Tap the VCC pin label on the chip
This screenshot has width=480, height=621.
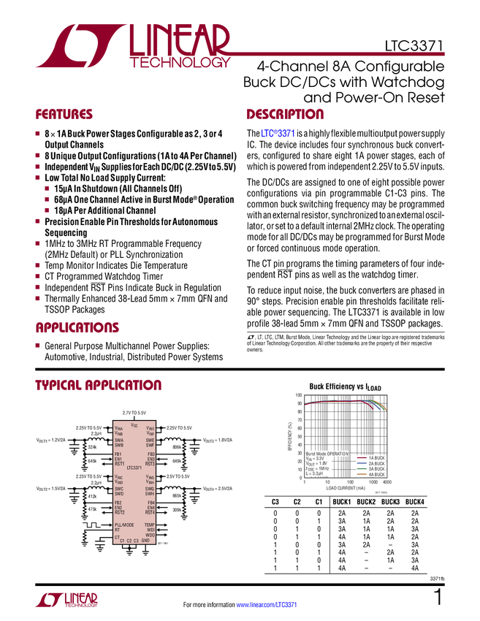(134, 425)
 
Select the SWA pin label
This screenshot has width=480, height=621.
(119, 441)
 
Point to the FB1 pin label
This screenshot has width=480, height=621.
(118, 454)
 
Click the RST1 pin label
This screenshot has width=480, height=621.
(120, 464)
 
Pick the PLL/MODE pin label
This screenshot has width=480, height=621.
(124, 525)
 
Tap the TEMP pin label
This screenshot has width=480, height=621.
(150, 525)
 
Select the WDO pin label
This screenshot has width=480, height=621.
(150, 535)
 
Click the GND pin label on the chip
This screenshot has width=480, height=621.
(145, 541)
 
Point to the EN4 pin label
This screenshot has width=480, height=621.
(151, 507)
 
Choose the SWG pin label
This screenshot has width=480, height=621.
(150, 489)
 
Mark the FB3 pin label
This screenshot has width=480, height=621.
(151, 454)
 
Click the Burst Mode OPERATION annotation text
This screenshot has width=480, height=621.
(327, 454)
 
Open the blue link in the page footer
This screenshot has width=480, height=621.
(267, 604)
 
